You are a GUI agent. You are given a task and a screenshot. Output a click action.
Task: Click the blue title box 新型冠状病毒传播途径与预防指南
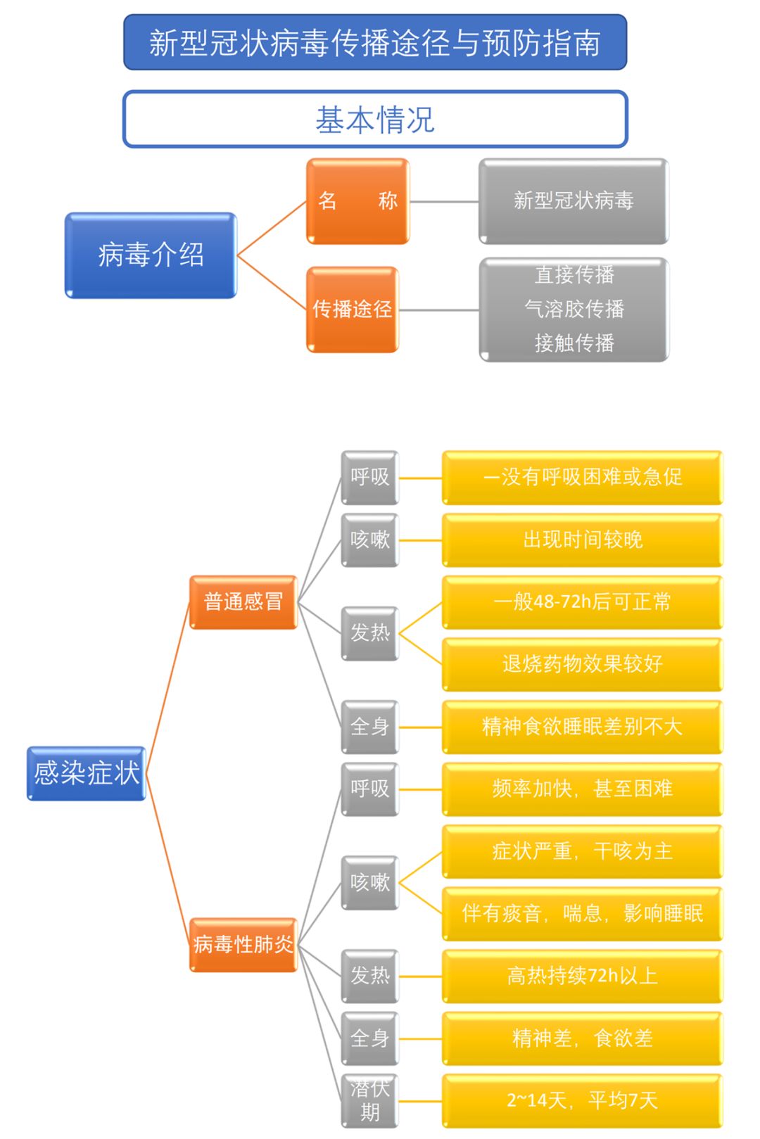pyautogui.click(x=375, y=42)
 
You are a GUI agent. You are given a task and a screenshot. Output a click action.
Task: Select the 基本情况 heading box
pyautogui.click(x=375, y=119)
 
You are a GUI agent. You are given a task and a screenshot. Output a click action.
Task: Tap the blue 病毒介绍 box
pyautogui.click(x=151, y=255)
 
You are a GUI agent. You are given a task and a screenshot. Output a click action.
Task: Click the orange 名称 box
pyautogui.click(x=357, y=201)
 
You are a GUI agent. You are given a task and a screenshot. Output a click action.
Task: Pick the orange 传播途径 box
pyautogui.click(x=352, y=309)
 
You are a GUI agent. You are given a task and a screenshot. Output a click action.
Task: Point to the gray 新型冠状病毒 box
pyautogui.click(x=574, y=201)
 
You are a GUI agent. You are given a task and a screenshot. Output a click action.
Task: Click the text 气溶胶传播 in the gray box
pyautogui.click(x=574, y=309)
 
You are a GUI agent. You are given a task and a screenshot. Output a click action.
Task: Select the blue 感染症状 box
pyautogui.click(x=87, y=773)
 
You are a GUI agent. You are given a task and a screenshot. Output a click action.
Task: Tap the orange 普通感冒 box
pyautogui.click(x=243, y=602)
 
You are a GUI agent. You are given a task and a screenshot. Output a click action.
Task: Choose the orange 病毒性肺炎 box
pyautogui.click(x=243, y=944)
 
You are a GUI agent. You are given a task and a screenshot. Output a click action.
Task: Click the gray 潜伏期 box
pyautogui.click(x=369, y=1101)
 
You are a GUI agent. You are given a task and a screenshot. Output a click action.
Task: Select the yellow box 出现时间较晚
pyautogui.click(x=582, y=540)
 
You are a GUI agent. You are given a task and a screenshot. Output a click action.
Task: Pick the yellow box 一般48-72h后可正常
pyautogui.click(x=582, y=602)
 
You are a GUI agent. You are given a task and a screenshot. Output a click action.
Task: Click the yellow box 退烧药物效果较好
pyautogui.click(x=582, y=664)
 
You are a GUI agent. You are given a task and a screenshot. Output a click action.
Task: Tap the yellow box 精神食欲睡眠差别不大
pyautogui.click(x=582, y=727)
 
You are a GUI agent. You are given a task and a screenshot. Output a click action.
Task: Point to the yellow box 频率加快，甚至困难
pyautogui.click(x=582, y=789)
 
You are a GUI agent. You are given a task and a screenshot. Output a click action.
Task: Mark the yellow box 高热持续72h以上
pyautogui.click(x=582, y=976)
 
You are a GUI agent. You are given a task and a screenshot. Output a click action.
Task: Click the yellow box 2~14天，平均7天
pyautogui.click(x=582, y=1100)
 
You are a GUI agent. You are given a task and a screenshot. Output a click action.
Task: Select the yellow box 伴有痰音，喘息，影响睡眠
pyautogui.click(x=582, y=913)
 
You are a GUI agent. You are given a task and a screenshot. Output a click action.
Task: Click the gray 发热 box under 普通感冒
pyautogui.click(x=369, y=633)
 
